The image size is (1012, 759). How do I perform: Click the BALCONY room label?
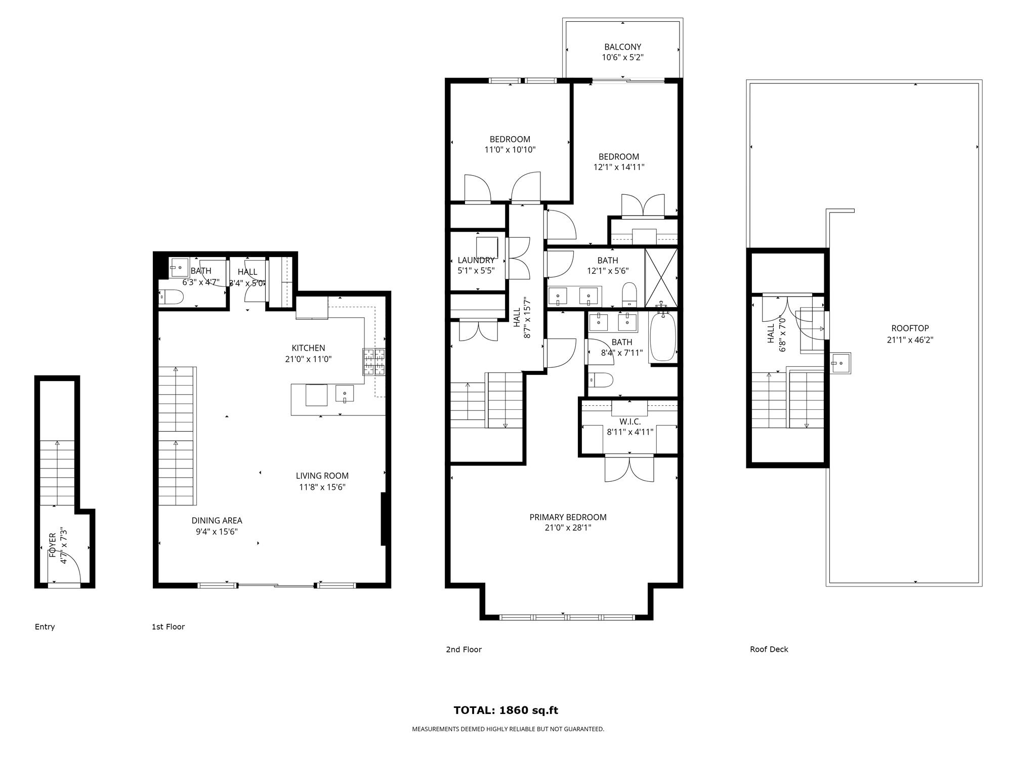(622, 47)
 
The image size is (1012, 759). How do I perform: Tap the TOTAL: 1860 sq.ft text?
(505, 710)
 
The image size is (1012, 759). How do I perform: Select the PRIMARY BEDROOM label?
(568, 517)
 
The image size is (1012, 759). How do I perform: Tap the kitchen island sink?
(345, 393)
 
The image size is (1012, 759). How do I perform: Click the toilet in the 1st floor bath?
(171, 297)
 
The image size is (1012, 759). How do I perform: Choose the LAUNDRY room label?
(476, 260)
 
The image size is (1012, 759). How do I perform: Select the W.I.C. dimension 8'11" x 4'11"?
(630, 432)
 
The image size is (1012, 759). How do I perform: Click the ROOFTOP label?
(910, 328)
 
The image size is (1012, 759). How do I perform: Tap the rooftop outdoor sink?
(840, 363)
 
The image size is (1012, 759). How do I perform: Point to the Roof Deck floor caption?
(769, 649)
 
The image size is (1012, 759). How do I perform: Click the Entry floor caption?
(45, 627)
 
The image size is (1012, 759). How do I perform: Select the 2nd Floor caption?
(463, 649)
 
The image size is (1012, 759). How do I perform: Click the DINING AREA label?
(217, 520)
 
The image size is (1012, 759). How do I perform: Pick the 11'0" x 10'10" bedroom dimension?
(510, 150)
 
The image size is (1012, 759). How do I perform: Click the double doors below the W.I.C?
(629, 469)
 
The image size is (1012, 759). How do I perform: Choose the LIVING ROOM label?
(322, 476)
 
